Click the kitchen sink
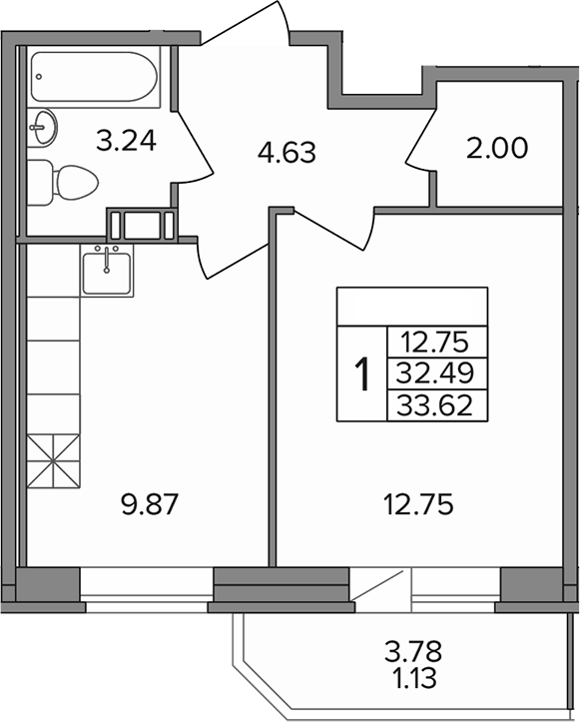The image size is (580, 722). pyautogui.click(x=108, y=271)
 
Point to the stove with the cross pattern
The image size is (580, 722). pyautogui.click(x=52, y=461)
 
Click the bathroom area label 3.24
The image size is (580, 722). pyautogui.click(x=126, y=141)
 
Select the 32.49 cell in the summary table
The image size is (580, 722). pyautogui.click(x=436, y=372)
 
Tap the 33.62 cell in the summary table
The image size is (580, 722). pyautogui.click(x=436, y=403)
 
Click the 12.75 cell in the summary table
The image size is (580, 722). pyautogui.click(x=436, y=342)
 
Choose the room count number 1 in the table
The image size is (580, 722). pyautogui.click(x=362, y=374)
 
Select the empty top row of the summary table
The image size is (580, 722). pyautogui.click(x=412, y=305)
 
